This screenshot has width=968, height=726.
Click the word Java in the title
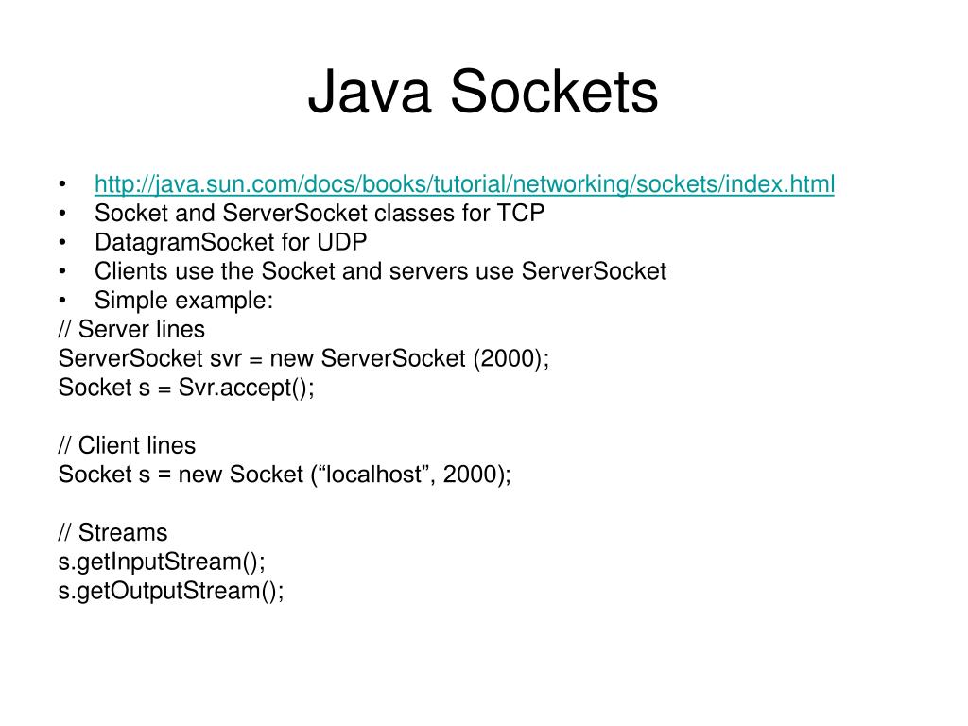point(369,93)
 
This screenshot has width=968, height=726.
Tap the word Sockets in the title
point(553,93)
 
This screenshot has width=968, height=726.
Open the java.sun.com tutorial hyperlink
point(464,183)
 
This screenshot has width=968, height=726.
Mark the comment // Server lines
point(131,329)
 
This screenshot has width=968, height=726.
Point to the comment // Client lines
point(127,445)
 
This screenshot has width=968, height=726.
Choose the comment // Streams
point(112,532)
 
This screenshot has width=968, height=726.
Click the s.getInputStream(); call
point(162,562)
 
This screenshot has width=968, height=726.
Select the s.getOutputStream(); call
point(171,591)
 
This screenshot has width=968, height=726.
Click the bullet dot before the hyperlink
point(62,183)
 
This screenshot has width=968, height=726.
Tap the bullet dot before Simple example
point(62,301)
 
